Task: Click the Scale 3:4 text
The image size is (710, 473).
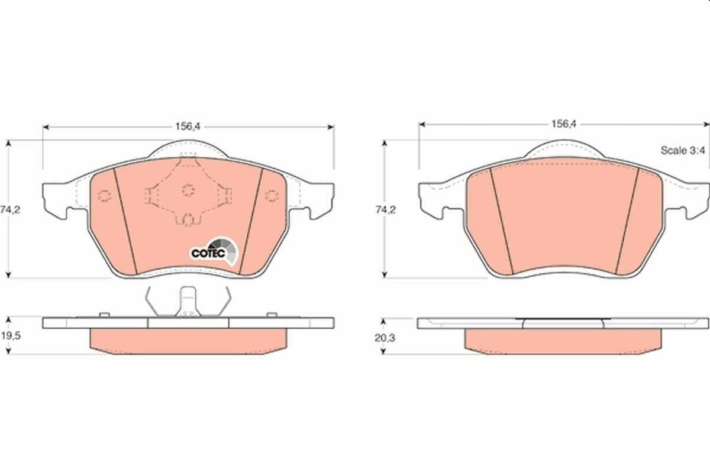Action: [683, 150]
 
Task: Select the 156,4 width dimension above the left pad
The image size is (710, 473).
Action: [188, 127]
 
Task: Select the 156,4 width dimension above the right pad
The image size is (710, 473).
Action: [563, 124]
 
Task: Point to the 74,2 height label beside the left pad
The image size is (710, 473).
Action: [10, 209]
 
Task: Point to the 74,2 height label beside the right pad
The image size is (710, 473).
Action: [385, 209]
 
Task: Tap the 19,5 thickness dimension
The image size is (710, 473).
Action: [11, 335]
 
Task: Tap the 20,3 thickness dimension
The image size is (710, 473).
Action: [385, 338]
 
